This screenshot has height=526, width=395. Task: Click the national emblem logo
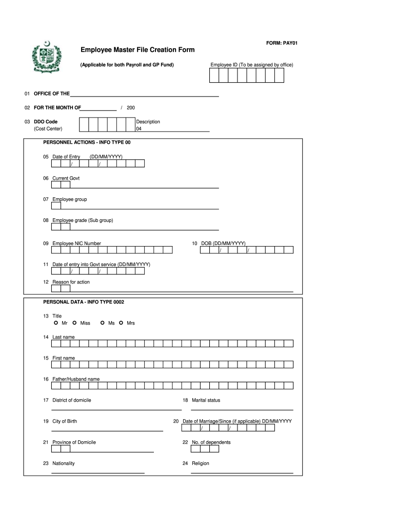coord(46,58)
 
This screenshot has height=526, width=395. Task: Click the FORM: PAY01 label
coord(282,43)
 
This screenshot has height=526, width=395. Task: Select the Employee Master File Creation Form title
coord(137,50)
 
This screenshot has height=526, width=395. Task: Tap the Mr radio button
coord(56,323)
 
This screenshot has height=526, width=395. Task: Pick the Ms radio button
coord(103,323)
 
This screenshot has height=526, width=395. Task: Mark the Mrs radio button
coord(122,323)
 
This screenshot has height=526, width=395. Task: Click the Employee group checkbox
coord(56,206)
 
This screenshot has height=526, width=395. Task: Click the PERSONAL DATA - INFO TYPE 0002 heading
coord(84,302)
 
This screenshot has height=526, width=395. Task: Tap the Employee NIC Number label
coord(76,243)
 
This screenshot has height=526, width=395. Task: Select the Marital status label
coord(206,400)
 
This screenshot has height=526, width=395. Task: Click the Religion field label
coord(200,463)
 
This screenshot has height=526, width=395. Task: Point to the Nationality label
coord(63,463)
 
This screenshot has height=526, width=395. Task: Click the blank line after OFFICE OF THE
coord(144,95)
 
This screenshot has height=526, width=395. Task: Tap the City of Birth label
coord(65,421)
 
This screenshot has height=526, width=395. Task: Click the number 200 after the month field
coord(131,108)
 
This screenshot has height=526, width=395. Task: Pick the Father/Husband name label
coord(76,379)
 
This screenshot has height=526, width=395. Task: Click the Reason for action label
coord(71,282)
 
